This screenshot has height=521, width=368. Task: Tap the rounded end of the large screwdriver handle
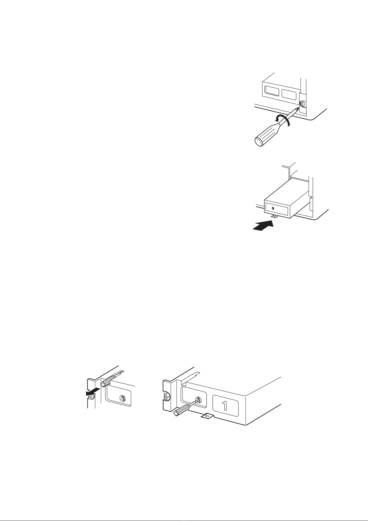pyautogui.click(x=259, y=142)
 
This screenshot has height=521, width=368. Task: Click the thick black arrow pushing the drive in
pyautogui.click(x=263, y=225)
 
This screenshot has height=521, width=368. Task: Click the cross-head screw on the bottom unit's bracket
pyautogui.click(x=167, y=396)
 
